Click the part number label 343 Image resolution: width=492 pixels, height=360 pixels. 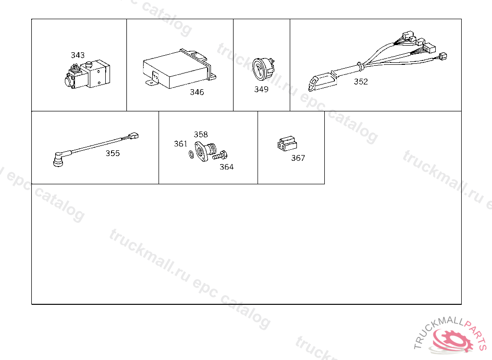coord(77,55)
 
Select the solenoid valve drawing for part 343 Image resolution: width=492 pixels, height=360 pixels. coord(87,74)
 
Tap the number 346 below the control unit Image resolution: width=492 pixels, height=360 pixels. coord(197,92)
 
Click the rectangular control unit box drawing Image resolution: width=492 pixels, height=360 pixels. coord(179,69)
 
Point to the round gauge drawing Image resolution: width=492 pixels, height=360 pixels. coord(263,69)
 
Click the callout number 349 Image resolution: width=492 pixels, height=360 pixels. coord(261,89)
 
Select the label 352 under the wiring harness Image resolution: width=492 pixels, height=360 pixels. coord(361,82)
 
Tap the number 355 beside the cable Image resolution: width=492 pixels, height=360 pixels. coord(112,153)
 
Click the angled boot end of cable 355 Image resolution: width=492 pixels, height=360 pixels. coord(58,159)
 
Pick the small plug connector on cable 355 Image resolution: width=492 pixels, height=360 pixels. coord(134,136)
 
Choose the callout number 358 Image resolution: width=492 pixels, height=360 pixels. coord(201,134)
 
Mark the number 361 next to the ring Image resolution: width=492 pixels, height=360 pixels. coord(181,144)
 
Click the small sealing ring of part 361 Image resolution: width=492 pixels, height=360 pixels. coord(191,154)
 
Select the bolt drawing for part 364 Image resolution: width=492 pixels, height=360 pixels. coord(220,155)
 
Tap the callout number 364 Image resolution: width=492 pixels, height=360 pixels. coord(226,167)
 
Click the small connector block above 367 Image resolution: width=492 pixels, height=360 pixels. coord(287,144)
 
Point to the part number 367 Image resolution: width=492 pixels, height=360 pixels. coord(298,158)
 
